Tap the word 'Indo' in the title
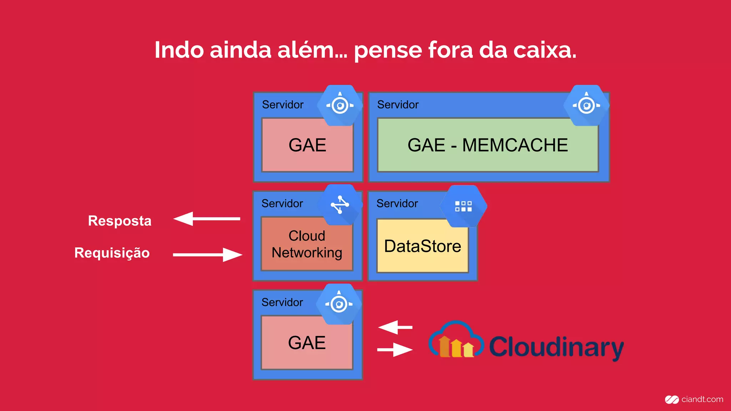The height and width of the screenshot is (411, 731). pos(179,50)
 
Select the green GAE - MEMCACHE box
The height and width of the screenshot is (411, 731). pos(488,145)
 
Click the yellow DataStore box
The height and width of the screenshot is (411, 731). pos(423,246)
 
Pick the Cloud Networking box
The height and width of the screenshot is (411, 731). pos(307,244)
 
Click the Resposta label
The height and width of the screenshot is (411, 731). pos(120,221)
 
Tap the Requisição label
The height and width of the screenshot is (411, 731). pos(112,253)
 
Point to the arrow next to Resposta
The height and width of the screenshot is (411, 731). pos(207,219)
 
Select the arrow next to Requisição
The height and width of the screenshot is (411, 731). pos(207,255)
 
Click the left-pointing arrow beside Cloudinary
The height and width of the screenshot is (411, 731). pos(395,327)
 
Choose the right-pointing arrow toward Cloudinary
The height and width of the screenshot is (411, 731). pos(395,350)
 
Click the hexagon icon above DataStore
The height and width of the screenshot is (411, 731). pos(463,206)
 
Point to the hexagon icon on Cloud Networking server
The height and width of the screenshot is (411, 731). pos(340,205)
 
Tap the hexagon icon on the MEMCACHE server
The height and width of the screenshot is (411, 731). pos(586,105)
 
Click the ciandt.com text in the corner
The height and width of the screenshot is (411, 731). pos(702,399)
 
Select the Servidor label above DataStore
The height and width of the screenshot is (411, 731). pos(397,204)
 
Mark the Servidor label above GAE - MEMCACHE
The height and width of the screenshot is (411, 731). pos(398,105)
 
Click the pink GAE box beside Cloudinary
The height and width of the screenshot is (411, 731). pos(307,342)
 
